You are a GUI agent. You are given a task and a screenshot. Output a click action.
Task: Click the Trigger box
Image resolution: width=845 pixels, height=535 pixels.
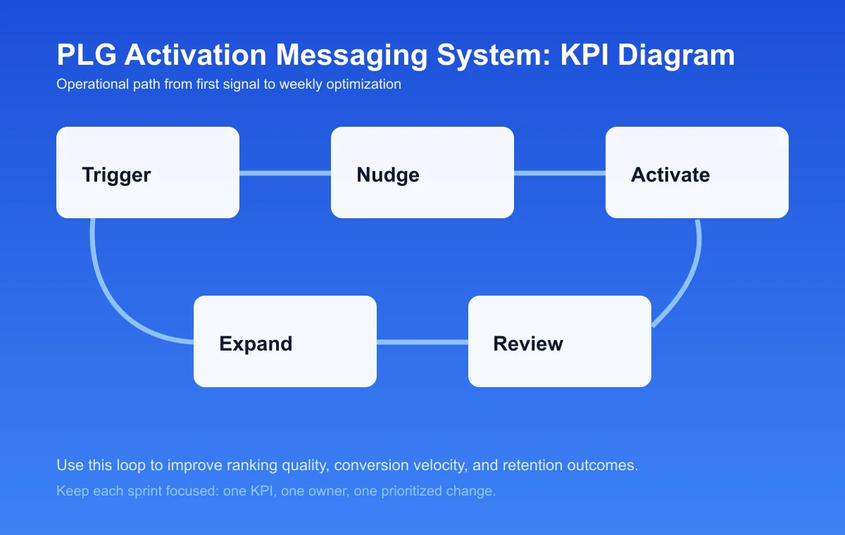tap(148, 172)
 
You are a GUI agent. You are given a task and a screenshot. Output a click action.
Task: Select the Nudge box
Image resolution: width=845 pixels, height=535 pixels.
tap(423, 172)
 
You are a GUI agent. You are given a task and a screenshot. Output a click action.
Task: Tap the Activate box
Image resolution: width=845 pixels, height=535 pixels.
tap(697, 172)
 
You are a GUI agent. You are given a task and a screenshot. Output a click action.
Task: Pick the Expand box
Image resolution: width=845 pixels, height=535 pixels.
tap(285, 341)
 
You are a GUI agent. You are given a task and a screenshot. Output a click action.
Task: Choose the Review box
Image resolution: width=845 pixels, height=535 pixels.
tap(560, 341)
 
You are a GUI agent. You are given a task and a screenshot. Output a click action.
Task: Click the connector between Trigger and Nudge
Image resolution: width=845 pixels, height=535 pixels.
tap(285, 173)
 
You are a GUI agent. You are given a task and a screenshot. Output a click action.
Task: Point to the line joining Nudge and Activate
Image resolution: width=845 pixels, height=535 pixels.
tap(560, 173)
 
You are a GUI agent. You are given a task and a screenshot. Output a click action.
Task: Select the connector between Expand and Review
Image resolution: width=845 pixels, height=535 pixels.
tap(423, 342)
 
